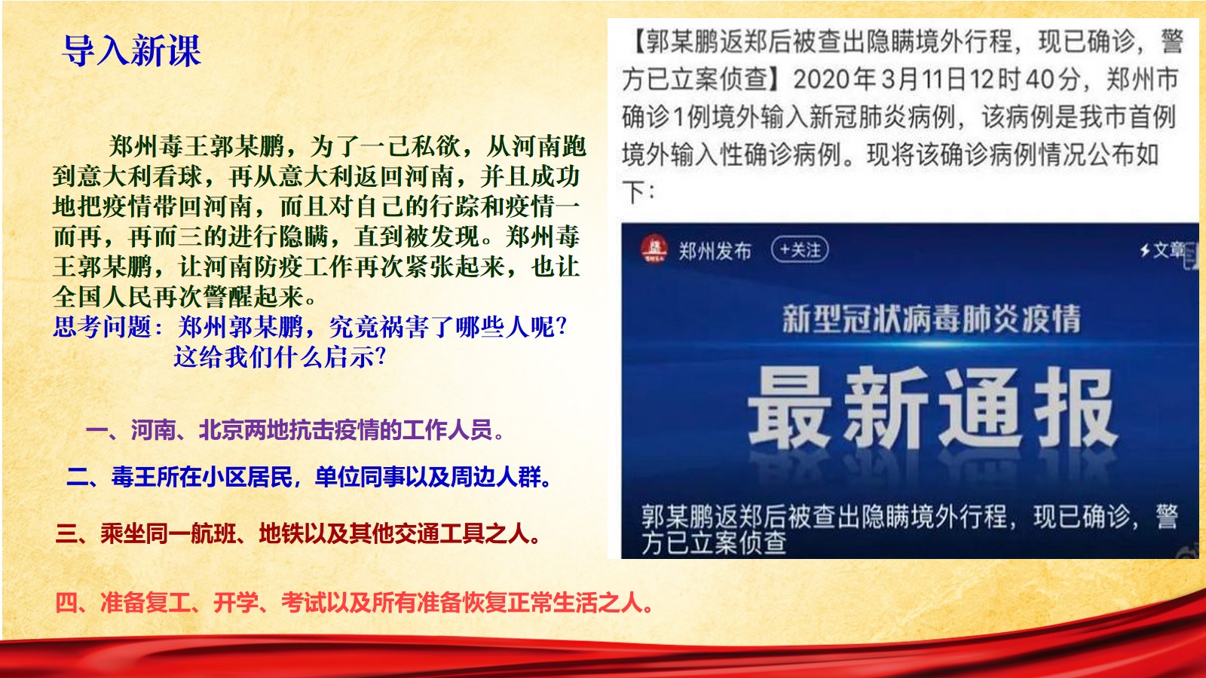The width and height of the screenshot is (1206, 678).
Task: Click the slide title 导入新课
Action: (x=132, y=50)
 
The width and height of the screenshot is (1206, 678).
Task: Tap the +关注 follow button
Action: (x=800, y=250)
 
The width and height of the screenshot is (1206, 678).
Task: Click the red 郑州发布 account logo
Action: (x=654, y=249)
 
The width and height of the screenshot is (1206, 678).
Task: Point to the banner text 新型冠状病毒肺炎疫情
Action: (x=932, y=319)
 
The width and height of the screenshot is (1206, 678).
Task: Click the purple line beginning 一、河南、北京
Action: (x=295, y=430)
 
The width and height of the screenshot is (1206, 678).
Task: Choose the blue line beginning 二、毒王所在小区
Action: (x=309, y=477)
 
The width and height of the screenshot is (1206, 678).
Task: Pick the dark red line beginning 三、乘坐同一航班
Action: (x=298, y=533)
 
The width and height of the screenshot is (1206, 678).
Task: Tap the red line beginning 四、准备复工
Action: (x=354, y=603)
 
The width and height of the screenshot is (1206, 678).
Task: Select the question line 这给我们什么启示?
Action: (x=280, y=356)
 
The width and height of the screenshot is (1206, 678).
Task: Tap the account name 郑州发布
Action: (x=715, y=251)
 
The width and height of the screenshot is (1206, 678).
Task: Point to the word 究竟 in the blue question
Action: (x=354, y=326)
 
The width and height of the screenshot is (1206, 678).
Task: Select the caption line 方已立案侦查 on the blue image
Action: (x=714, y=543)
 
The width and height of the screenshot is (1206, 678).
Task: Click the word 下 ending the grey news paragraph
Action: (x=634, y=192)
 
